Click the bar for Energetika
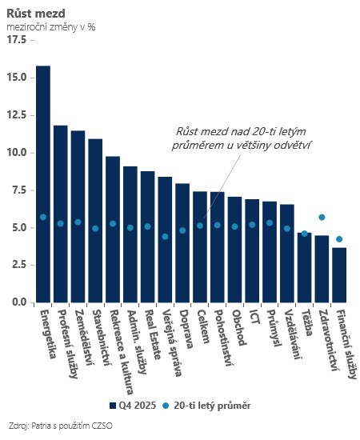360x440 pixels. point(43,184)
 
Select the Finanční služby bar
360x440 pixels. point(339,275)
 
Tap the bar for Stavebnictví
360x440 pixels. point(95,221)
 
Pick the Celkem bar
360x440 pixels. point(200,247)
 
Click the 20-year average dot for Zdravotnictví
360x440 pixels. point(322,217)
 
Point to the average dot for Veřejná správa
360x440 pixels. point(165,237)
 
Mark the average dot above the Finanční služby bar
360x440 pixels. point(339,239)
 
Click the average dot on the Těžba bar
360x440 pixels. point(305,234)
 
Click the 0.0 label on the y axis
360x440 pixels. point(19,302)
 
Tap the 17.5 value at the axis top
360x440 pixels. point(17,40)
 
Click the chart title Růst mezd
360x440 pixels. point(36,14)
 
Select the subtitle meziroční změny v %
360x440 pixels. point(50,27)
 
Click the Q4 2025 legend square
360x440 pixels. point(113,406)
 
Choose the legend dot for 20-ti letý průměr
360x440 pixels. point(166,406)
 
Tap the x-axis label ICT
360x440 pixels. point(254,317)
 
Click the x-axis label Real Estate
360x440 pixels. point(154,334)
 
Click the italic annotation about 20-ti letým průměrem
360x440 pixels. point(242,138)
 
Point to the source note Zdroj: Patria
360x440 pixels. point(60,426)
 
